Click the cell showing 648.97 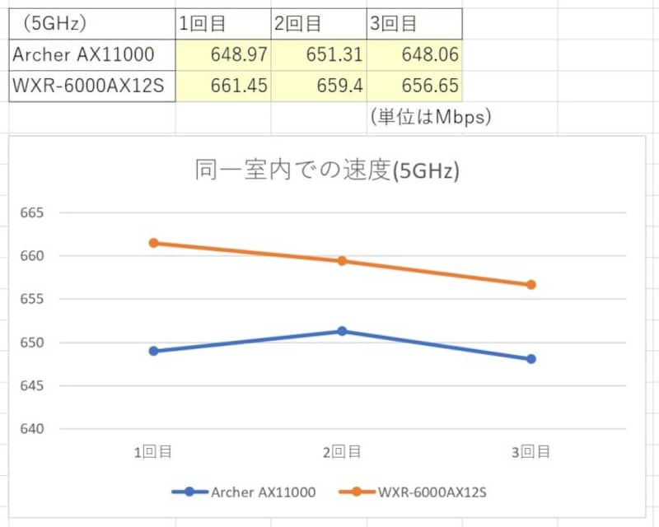tap(222, 55)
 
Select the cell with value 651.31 tap(318, 55)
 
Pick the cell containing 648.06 tap(414, 55)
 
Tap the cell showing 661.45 tap(222, 86)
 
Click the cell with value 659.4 tap(318, 86)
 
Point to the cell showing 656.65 tap(414, 86)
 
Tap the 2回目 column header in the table tap(297, 24)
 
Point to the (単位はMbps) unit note tap(430, 116)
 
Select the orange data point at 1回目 tap(153, 243)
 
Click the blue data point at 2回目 tap(342, 331)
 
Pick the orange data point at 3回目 tap(531, 285)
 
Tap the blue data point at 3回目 tap(531, 359)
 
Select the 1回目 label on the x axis tap(153, 451)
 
